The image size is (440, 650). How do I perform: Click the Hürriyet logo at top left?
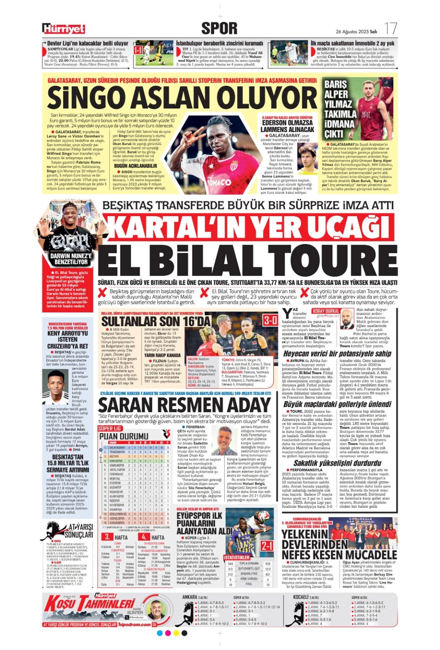63,29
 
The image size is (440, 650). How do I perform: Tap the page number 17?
390,29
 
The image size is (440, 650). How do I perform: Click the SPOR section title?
219,28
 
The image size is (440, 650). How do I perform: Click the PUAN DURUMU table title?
124,436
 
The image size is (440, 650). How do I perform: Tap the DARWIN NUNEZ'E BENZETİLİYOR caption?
71,259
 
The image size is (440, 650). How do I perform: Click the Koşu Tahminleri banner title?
90,604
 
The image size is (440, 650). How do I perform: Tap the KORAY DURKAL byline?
326,311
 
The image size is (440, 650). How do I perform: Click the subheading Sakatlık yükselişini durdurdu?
337,463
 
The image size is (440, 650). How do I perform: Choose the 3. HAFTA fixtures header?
117,537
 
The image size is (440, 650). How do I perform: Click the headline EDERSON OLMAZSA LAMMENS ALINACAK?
287,126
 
